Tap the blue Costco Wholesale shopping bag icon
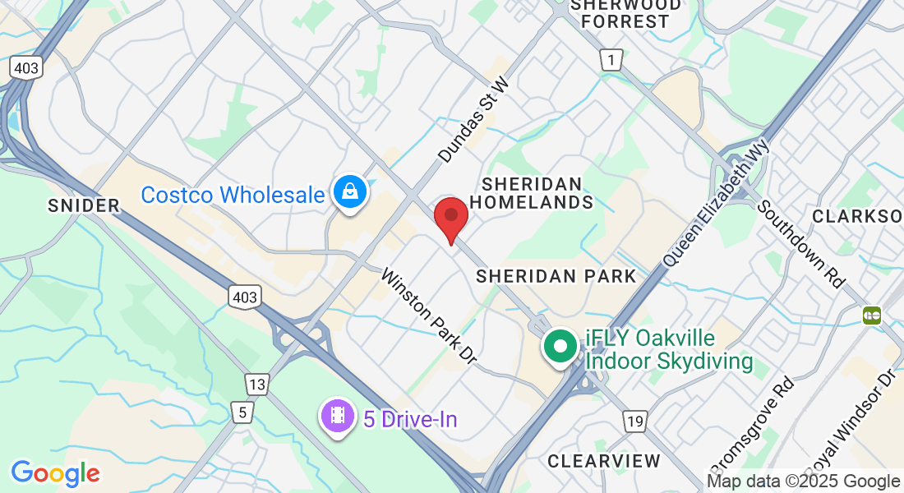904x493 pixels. coord(350,193)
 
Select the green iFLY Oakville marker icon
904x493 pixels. coord(560,346)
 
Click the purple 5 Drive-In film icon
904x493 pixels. coord(337,417)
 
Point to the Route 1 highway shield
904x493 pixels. coord(610,59)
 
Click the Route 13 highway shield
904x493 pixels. coord(257,384)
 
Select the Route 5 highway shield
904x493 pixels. coord(242,412)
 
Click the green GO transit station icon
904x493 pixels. coord(872,315)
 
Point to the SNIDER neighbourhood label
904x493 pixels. coord(84,205)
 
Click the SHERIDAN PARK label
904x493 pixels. coord(556,276)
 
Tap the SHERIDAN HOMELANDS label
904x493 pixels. coord(537,192)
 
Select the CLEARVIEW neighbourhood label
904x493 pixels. coord(604,460)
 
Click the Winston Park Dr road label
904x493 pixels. coord(428,316)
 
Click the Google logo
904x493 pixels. coord(55,473)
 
